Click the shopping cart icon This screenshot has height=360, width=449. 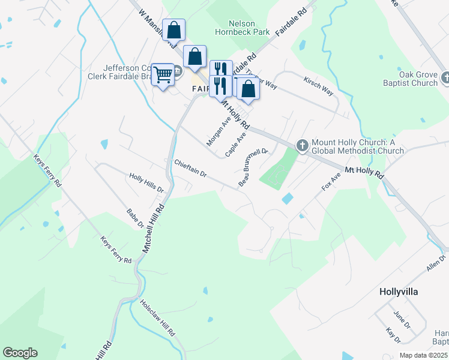pyautogui.click(x=163, y=75)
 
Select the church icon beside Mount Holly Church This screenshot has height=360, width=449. pyautogui.click(x=303, y=145)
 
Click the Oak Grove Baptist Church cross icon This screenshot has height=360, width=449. pyautogui.click(x=445, y=77)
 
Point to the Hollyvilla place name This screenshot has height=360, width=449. pyautogui.click(x=399, y=292)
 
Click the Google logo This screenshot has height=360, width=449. pyautogui.click(x=20, y=353)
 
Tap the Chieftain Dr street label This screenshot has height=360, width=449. pyautogui.click(x=190, y=168)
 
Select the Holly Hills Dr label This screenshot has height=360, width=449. pyautogui.click(x=146, y=182)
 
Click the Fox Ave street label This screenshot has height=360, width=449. pyautogui.click(x=331, y=181)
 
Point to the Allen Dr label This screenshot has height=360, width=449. pyautogui.click(x=436, y=263)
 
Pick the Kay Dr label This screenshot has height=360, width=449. pyautogui.click(x=393, y=335)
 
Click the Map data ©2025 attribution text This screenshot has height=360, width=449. pyautogui.click(x=423, y=355)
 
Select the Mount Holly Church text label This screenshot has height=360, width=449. pyautogui.click(x=358, y=146)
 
